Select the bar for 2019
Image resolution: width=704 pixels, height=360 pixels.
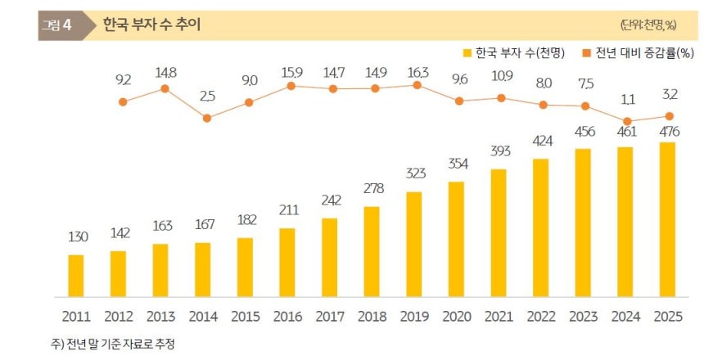414,244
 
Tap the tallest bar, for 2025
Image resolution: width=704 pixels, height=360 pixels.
667,219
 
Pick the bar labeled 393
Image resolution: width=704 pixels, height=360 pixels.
499,232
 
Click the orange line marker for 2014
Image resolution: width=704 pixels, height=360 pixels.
207,118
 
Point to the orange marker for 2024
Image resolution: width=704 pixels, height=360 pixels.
627,121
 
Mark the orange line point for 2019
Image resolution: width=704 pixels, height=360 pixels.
417,85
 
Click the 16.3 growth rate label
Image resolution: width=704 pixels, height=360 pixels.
417,70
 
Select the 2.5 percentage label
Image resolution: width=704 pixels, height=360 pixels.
207,96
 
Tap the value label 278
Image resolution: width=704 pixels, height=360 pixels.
372,190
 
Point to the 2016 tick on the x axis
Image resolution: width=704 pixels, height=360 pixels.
287,316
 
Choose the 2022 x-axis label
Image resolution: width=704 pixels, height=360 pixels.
540,316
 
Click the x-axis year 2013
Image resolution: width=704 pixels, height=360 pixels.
160,316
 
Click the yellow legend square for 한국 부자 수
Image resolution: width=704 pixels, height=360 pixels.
467,53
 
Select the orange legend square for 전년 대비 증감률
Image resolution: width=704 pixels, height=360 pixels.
586,53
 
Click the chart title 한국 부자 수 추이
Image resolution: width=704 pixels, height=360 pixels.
151,25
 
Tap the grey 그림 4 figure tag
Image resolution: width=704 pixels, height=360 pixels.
56,25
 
